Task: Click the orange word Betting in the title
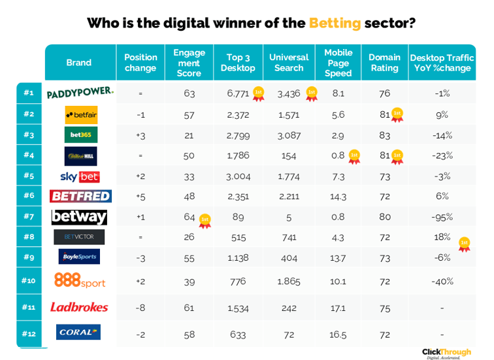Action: coord(335,24)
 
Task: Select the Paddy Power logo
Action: coord(80,93)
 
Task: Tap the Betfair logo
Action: coord(81,115)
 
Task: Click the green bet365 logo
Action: coord(81,135)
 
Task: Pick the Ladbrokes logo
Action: coord(79,307)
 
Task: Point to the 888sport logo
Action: coord(79,281)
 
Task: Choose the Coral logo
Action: coord(78,333)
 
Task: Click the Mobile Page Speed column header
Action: coord(338,63)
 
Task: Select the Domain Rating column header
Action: coord(384,63)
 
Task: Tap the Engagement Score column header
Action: coord(189,63)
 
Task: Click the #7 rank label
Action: coord(28,216)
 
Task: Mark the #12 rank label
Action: coord(28,333)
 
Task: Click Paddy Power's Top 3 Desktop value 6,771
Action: coord(238,93)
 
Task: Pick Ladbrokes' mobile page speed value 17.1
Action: coord(338,307)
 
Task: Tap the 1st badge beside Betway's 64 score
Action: coord(205,220)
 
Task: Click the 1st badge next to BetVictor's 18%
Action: coord(464,244)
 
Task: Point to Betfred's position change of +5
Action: coord(140,196)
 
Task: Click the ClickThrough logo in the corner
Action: coord(446,353)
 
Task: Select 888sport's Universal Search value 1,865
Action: coord(288,281)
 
